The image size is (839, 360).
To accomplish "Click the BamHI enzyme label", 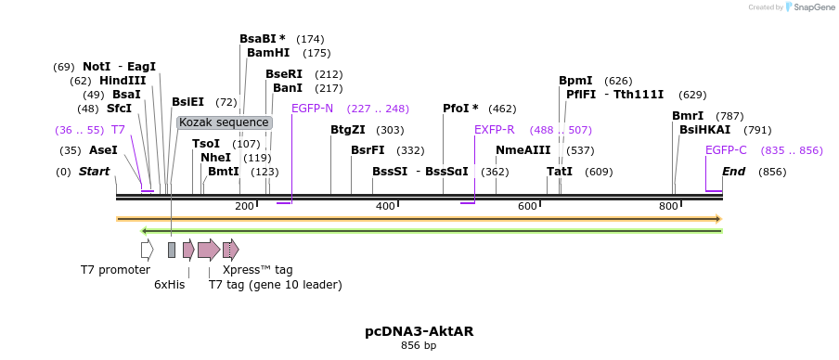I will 268,53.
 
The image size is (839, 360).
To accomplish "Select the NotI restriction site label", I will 97,67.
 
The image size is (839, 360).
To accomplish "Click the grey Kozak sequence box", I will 224,122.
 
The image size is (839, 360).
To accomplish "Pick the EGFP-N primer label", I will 312,109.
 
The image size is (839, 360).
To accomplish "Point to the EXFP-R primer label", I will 494,130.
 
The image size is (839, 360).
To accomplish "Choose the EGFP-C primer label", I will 726,150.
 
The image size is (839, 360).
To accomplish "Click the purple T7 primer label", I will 118,130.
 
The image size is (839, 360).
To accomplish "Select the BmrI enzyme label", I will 688,116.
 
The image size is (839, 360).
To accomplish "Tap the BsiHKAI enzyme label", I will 704,130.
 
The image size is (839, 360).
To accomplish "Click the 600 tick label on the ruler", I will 528,206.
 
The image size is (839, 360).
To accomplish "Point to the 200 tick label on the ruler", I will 244,206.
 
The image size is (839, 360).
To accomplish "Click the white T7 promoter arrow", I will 147,250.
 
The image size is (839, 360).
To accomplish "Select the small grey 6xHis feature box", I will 172,250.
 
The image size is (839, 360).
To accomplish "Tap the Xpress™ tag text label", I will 257,270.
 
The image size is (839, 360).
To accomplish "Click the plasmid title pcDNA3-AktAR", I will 419,330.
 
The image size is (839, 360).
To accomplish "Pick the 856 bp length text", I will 419,346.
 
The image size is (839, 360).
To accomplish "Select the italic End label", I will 733,172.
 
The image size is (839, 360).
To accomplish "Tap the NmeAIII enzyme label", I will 523,150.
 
